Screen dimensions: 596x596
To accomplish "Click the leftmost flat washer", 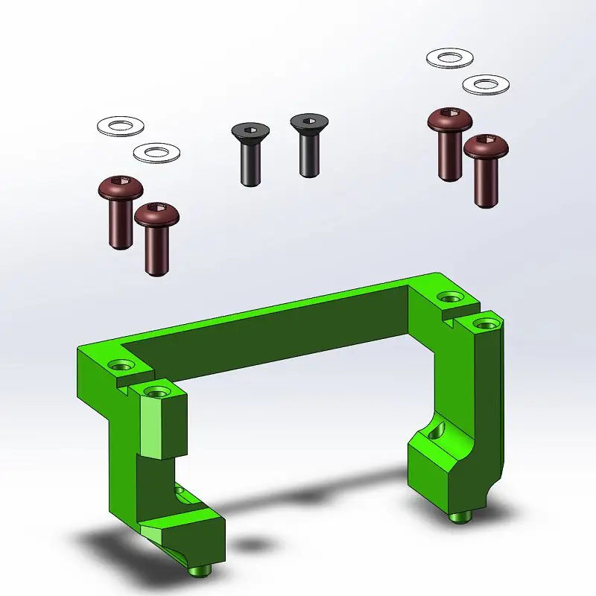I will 121,126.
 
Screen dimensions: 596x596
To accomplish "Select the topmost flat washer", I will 449,57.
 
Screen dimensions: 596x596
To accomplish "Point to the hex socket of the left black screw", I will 248,131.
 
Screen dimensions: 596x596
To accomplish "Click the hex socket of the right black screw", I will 308,121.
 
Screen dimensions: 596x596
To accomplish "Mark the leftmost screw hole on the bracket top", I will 122,366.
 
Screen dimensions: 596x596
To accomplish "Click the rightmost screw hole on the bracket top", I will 486,323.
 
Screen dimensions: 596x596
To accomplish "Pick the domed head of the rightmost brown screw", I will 486,146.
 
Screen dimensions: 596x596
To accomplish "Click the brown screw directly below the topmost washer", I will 450,142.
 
